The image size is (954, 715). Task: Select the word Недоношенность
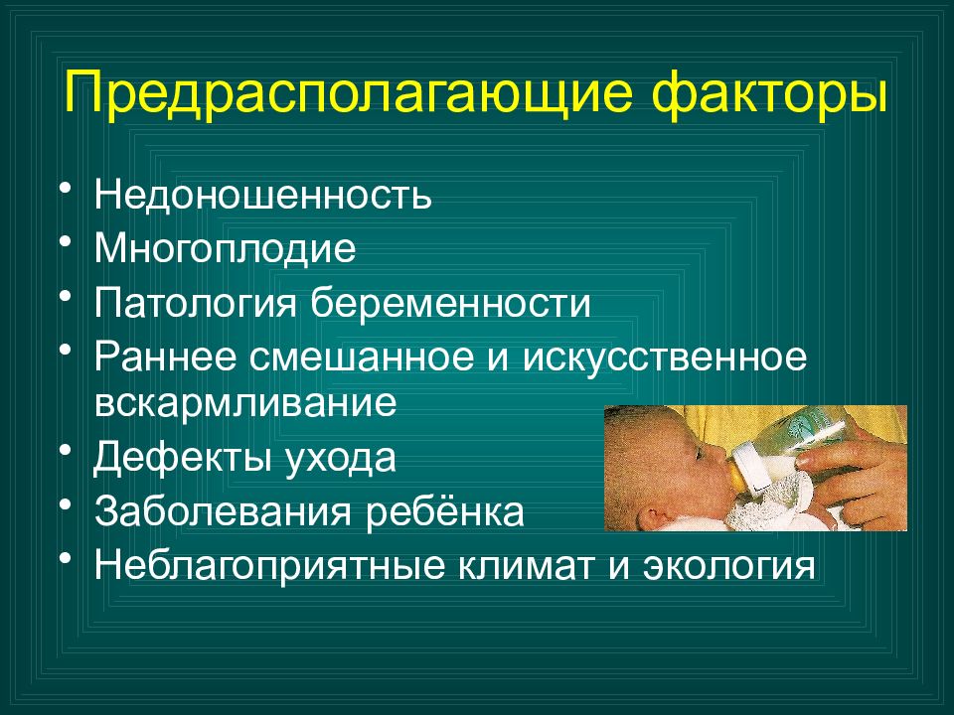click(262, 195)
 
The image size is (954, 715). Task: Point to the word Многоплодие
click(225, 249)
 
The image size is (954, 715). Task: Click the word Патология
click(195, 303)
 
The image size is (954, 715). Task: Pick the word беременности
click(450, 302)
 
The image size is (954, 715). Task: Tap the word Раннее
click(165, 357)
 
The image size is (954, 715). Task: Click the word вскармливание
click(245, 403)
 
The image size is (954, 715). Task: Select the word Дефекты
click(181, 458)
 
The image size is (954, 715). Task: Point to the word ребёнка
click(445, 511)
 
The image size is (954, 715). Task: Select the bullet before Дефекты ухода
click(66, 451)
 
